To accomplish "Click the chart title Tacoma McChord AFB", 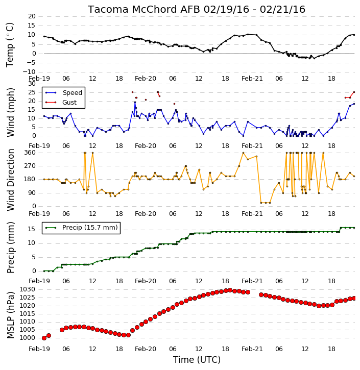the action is tap(143, 9).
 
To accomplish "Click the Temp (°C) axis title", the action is tap(10, 45).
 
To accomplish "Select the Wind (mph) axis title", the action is tap(10, 112).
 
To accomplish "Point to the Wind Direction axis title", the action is tap(10, 180).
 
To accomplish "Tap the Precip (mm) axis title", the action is tap(10, 248).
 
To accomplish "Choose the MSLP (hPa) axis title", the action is tap(10, 315).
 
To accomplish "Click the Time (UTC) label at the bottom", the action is tap(197, 360).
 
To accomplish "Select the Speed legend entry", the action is tap(72, 93).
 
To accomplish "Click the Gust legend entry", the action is tap(69, 103).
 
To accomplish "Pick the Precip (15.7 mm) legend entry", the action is tap(90, 228).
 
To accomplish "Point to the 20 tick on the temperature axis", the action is tap(32, 16).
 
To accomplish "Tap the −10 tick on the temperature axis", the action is tap(29, 72).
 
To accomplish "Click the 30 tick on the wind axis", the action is tap(32, 84).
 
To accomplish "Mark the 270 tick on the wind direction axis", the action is tap(30, 166).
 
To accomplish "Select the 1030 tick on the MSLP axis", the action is tap(28, 289).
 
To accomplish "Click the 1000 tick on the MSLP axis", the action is tap(28, 338).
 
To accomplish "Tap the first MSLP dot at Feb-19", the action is tap(44, 338).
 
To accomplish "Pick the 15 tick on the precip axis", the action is tap(32, 229).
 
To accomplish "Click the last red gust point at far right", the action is tap(354, 92).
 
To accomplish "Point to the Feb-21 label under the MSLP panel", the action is tap(252, 349).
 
